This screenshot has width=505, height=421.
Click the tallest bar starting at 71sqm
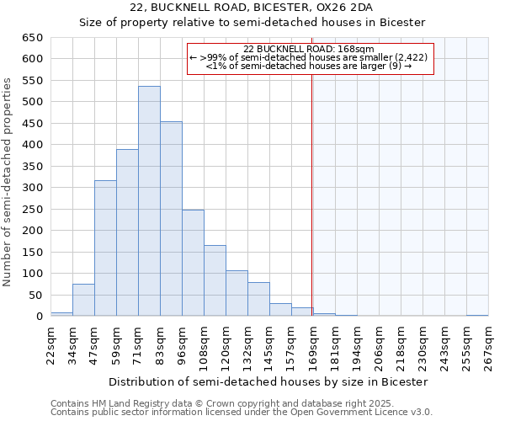(x=149, y=201)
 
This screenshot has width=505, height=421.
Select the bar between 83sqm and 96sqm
(x=171, y=219)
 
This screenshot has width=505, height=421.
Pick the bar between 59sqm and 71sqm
(x=127, y=232)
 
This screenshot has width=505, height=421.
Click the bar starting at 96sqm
(x=193, y=263)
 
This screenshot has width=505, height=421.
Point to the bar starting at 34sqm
(x=83, y=300)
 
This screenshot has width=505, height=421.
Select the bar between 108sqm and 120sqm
(x=215, y=280)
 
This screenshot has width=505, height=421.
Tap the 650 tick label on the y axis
(x=31, y=38)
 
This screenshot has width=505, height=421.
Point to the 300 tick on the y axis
(x=31, y=188)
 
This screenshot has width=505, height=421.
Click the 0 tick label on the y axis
(x=39, y=317)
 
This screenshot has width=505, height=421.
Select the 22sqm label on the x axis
(x=50, y=343)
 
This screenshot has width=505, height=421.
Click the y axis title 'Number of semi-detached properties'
(x=8, y=181)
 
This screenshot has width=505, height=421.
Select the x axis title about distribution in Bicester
(x=268, y=381)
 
